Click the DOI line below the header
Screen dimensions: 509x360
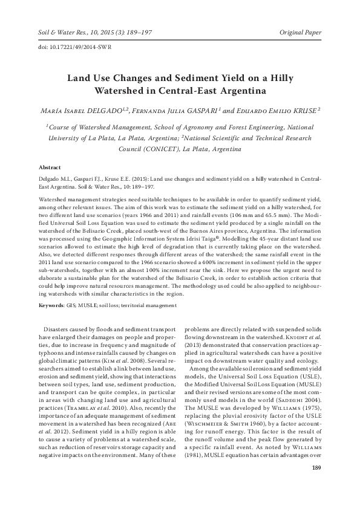click(66, 46)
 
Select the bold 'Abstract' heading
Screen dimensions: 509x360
click(50, 166)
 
